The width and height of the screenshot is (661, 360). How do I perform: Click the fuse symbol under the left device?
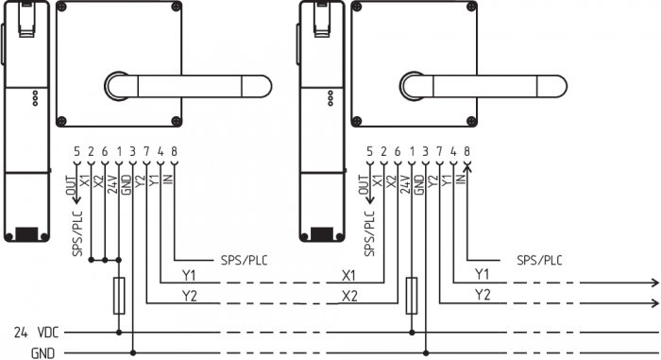coord(119,296)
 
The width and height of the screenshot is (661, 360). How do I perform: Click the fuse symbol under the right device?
coord(412,296)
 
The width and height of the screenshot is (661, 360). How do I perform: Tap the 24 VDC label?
coord(36,333)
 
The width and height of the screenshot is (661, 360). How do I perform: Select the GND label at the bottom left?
coord(43,352)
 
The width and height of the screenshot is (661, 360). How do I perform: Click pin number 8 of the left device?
coord(174,151)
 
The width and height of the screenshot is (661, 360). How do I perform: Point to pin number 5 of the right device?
coord(370,151)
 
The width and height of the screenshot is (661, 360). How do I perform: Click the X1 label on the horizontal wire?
coord(349,276)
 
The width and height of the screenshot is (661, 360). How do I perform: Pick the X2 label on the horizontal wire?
coord(349,296)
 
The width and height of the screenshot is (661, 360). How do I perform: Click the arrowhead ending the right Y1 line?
coord(655,283)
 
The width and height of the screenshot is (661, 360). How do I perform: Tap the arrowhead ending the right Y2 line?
coord(655,303)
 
